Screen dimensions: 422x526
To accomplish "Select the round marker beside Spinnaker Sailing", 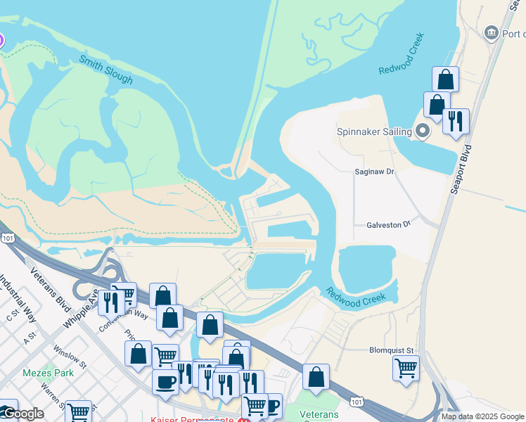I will (x=423, y=131).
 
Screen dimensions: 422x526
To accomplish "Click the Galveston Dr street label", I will (x=388, y=224).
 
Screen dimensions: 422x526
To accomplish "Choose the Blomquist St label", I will (x=392, y=350).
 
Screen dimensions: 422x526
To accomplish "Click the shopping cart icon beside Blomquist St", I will (x=406, y=366).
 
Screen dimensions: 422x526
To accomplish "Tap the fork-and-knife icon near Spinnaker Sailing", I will (x=456, y=120).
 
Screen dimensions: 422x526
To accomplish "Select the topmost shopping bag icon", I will (x=445, y=78).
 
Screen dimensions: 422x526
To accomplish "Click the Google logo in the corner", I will (x=23, y=414).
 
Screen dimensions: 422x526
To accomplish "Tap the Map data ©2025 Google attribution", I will (x=482, y=416).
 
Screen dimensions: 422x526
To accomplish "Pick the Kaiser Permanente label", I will (x=192, y=419).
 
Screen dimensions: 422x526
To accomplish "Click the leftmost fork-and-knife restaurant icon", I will (x=110, y=302).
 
